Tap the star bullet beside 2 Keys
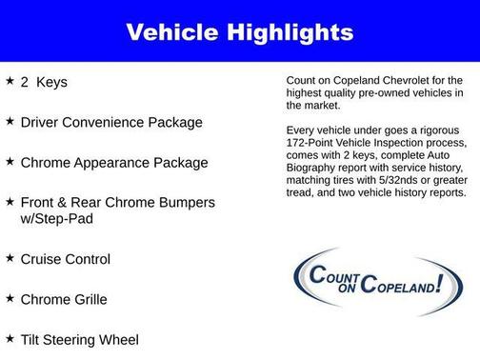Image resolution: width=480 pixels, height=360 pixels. coord(10,81)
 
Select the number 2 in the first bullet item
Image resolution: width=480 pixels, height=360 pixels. coord(26,82)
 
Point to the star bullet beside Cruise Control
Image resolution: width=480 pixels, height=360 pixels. coord(10,258)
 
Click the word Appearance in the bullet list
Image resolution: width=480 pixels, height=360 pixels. coord(110,163)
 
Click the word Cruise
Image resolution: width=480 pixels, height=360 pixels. coord(43,259)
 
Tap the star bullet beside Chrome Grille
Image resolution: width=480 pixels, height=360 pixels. coord(10,298)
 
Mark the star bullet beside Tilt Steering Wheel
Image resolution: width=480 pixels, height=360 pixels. coord(10,338)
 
